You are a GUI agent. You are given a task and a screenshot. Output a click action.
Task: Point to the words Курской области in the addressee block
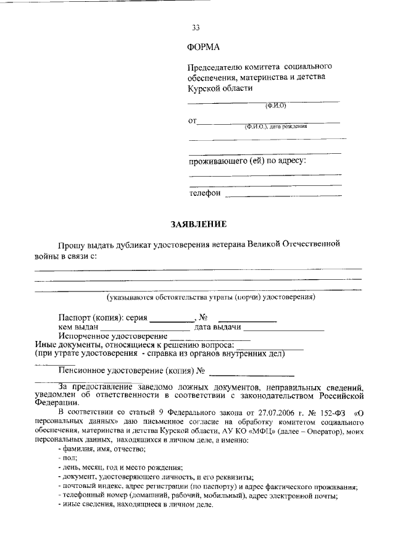pos(220,88)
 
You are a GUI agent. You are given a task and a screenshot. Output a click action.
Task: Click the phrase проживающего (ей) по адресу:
pos(247,161)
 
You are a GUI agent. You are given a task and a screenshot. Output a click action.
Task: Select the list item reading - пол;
pos(64,460)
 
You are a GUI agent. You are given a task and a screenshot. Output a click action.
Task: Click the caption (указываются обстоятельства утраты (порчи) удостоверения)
pos(211,297)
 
